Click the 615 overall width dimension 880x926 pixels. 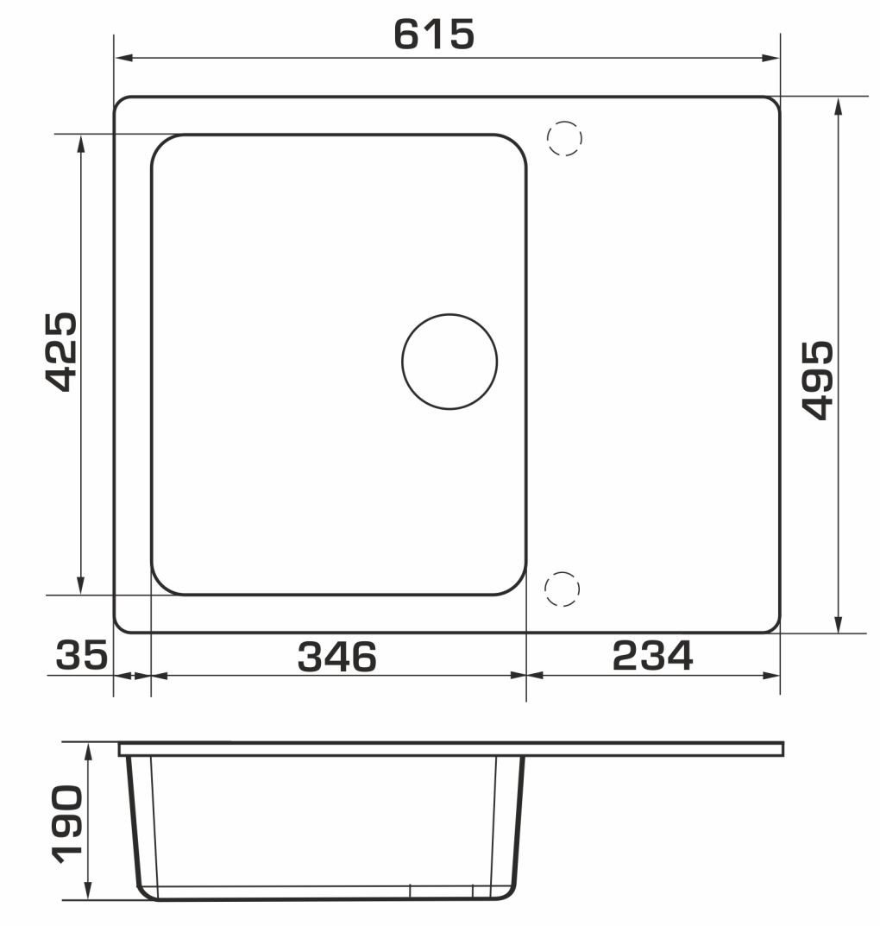tap(434, 35)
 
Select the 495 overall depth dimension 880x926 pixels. tap(819, 381)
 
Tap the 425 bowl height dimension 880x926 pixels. tap(61, 353)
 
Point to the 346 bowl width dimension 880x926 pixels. tap(337, 657)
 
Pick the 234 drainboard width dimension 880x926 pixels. tap(653, 656)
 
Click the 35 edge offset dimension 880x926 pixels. tap(82, 654)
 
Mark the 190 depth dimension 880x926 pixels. tap(66, 825)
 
